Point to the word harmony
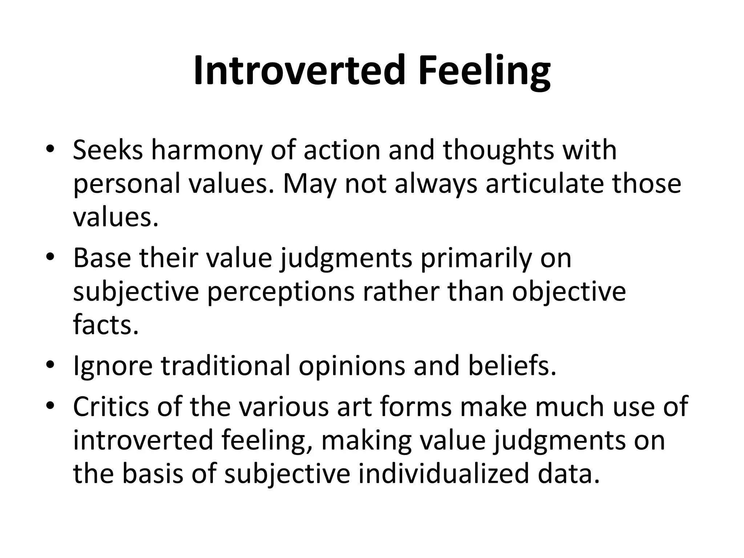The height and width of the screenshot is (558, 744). click(x=206, y=151)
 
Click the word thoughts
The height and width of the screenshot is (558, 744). click(x=499, y=151)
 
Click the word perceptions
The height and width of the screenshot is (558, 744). click(x=280, y=292)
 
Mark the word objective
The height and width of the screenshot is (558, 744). click(x=569, y=292)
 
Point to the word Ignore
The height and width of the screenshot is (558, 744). click(x=113, y=367)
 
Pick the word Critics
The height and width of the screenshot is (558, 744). click(x=111, y=406)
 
